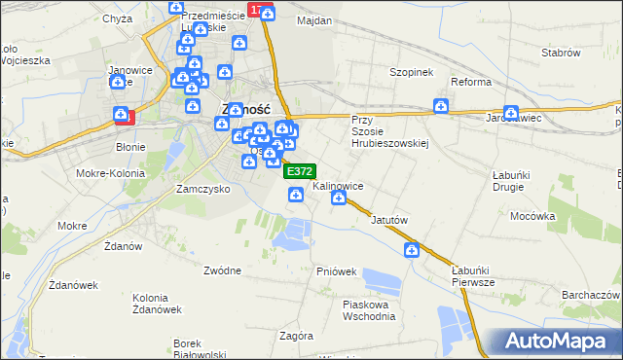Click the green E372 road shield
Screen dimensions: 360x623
tap(299, 170)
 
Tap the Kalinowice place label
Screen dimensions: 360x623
tap(339, 185)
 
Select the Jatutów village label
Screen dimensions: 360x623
tap(388, 220)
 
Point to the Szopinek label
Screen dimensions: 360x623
tap(411, 73)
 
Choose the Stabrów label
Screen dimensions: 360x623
tap(561, 53)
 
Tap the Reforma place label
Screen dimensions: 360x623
tap(471, 82)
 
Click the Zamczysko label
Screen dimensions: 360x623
tap(202, 189)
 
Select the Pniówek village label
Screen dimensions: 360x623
tap(336, 271)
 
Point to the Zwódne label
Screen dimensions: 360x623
tap(223, 270)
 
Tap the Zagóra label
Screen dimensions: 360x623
tap(296, 336)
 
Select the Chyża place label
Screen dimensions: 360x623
tap(117, 18)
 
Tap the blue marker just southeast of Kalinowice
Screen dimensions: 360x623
tap(339, 198)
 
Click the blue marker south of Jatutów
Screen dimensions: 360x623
tap(413, 251)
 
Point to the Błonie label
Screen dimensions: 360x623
tap(130, 147)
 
